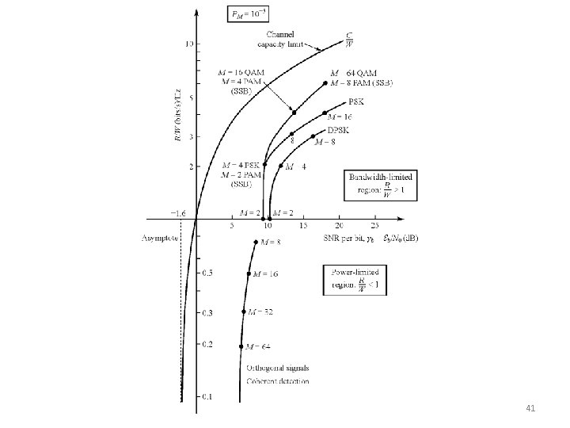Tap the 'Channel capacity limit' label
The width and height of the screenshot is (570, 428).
280,39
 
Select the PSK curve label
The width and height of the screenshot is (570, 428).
357,101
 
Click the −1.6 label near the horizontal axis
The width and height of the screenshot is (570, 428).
178,213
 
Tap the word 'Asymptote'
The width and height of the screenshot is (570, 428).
161,237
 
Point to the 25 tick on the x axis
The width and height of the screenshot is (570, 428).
375,226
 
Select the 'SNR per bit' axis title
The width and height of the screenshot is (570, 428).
345,238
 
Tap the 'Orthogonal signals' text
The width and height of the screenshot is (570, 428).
277,368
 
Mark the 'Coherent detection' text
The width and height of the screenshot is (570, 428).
277,381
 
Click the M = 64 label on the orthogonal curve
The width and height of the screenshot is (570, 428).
260,346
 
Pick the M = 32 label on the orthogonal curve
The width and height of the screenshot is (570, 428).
262,312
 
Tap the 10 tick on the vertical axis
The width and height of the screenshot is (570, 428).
189,44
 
